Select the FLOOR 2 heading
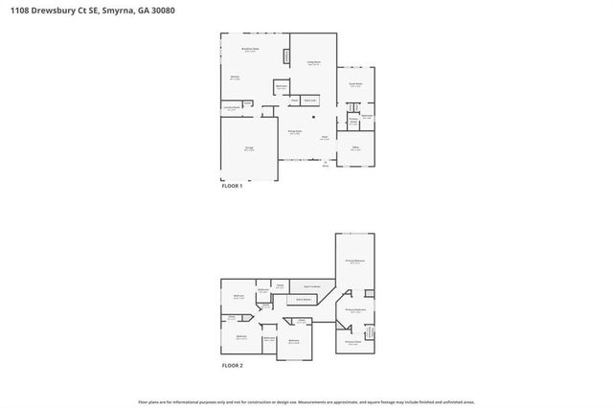[233, 366]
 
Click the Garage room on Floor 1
[249, 149]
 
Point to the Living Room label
[313, 63]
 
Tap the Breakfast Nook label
[251, 51]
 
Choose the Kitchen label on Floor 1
[235, 78]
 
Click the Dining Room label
[295, 132]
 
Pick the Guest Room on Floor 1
[355, 85]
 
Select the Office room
[355, 147]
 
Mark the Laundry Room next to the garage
[231, 108]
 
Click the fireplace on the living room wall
[285, 57]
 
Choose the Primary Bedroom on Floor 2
[353, 261]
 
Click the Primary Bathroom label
[355, 310]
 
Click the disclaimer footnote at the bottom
[306, 401]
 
